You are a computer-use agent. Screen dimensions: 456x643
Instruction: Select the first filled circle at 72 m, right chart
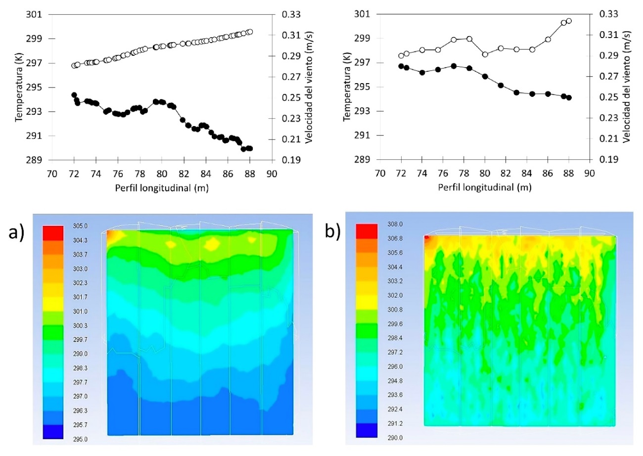pos(401,66)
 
